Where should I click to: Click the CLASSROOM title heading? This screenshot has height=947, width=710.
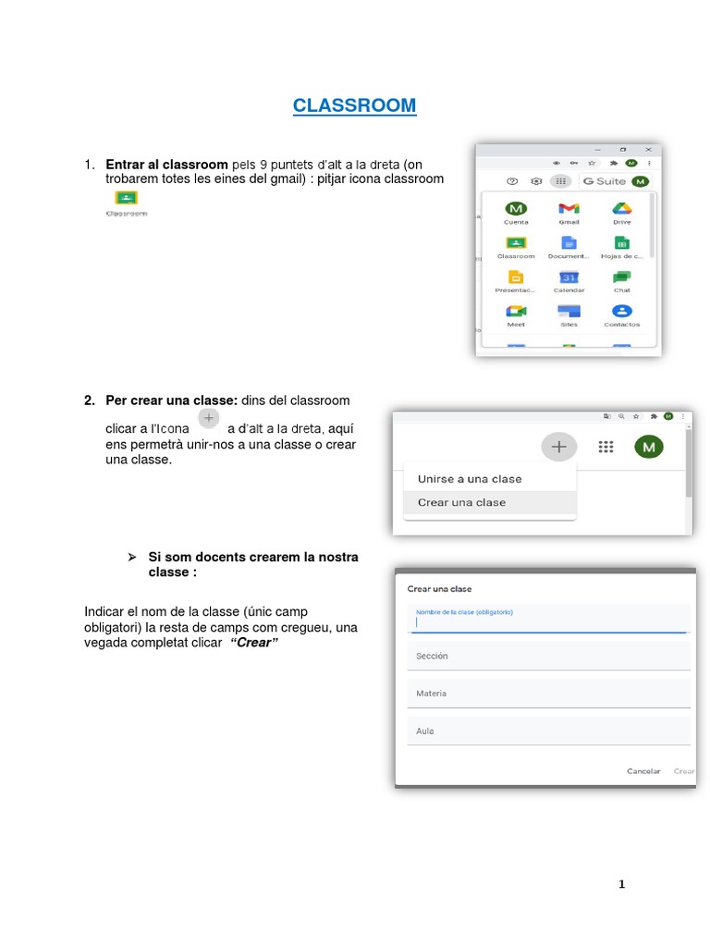click(354, 106)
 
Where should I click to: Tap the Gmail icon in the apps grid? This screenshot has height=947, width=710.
click(569, 209)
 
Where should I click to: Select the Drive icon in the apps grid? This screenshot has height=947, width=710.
click(621, 209)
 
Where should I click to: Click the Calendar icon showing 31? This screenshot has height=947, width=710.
click(569, 277)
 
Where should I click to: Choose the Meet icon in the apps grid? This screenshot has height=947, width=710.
click(516, 312)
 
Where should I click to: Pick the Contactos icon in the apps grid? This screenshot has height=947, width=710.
click(621, 312)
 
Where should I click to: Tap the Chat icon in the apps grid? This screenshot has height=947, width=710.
click(621, 277)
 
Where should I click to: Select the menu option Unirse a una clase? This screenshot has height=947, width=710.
click(470, 479)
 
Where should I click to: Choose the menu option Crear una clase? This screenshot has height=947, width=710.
click(462, 502)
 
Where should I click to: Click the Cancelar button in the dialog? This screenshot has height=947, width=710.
click(643, 770)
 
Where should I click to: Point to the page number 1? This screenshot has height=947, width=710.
click(622, 884)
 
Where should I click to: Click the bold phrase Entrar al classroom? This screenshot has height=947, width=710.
click(166, 165)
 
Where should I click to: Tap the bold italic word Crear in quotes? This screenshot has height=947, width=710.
click(254, 642)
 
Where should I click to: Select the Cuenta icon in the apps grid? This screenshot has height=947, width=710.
click(516, 209)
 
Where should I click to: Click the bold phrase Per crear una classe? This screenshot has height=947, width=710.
click(172, 400)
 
